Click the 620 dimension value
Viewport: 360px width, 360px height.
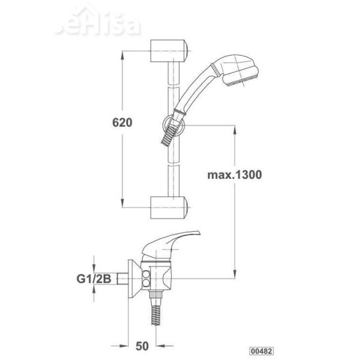122,122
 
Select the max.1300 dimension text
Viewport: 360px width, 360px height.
235,175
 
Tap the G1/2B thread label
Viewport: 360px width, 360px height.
94,279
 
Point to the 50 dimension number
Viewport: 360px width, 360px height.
142,346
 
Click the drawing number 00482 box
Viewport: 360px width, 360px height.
262,351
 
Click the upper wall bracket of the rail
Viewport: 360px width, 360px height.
169,51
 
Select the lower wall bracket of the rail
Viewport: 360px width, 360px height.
169,208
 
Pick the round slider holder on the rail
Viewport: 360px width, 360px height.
174,125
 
